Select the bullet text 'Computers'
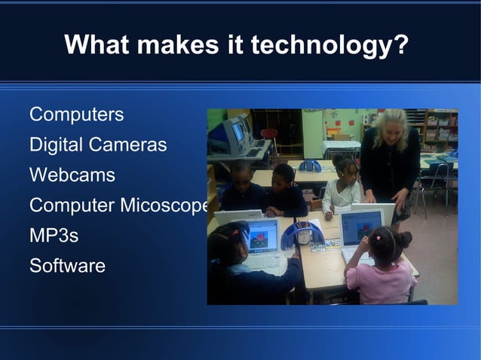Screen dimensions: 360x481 click(x=76, y=115)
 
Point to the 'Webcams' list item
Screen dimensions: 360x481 click(x=72, y=175)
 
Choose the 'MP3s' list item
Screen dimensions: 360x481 click(x=54, y=235)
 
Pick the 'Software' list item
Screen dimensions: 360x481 click(x=67, y=265)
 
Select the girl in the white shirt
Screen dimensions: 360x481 click(x=343, y=188)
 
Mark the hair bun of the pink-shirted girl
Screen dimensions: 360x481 click(x=403, y=239)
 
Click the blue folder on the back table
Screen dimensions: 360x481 click(x=310, y=166)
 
